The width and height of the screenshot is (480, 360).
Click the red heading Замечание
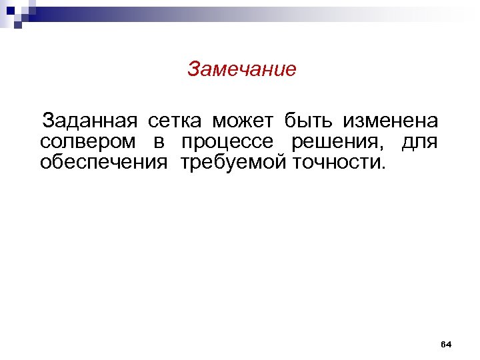click(x=241, y=69)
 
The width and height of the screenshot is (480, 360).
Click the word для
click(x=420, y=143)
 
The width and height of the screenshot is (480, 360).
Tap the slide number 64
click(x=447, y=344)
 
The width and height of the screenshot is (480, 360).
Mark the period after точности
click(x=383, y=167)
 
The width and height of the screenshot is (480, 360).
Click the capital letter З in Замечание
click(x=193, y=69)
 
